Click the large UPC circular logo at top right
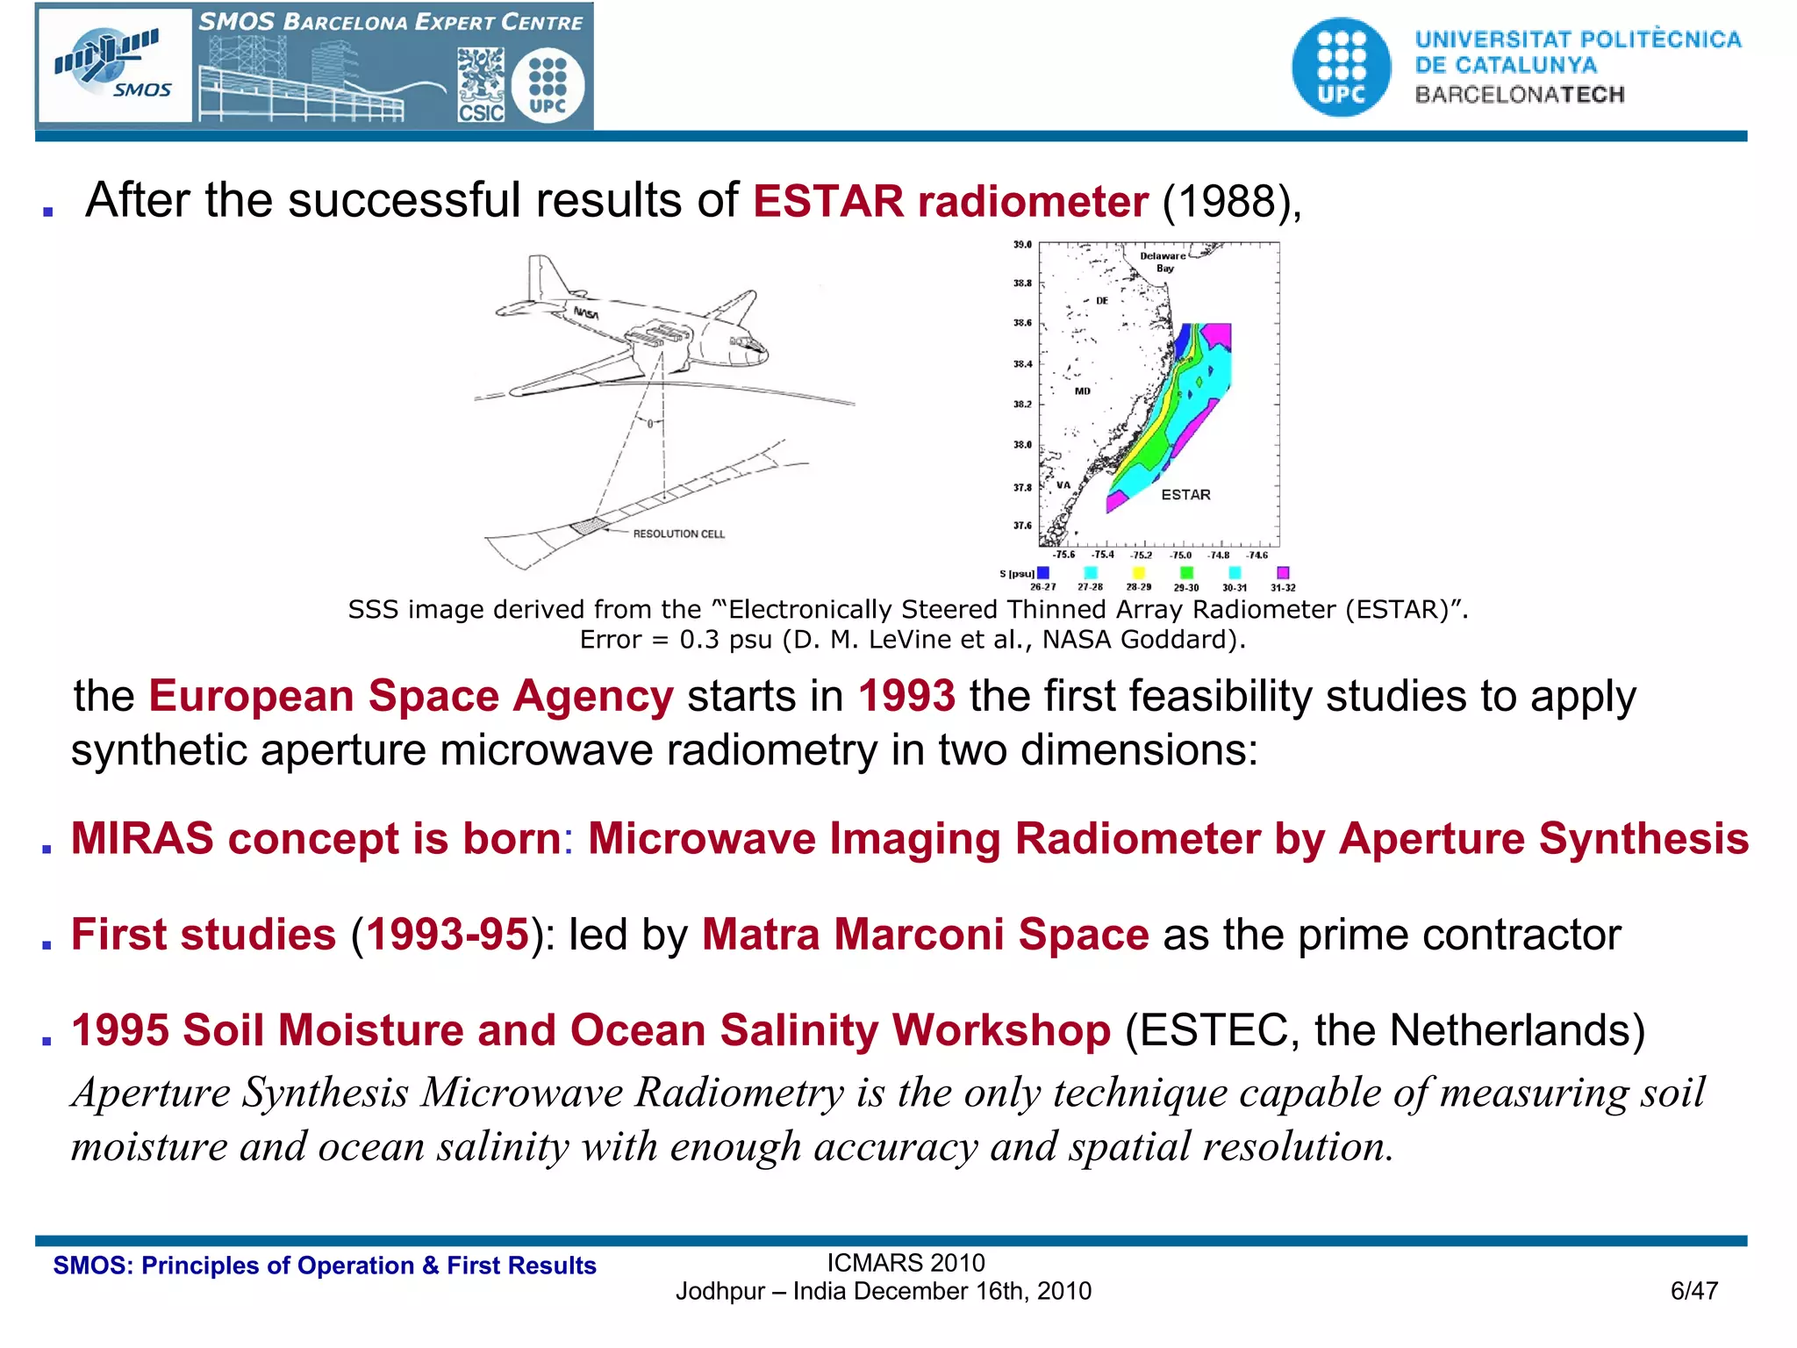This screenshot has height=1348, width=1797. point(1341,68)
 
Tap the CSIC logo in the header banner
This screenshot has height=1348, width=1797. point(481,86)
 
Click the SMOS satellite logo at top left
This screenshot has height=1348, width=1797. point(115,65)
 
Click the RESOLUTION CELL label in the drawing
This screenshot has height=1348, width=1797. point(678,534)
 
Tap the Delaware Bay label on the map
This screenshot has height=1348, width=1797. point(1163,262)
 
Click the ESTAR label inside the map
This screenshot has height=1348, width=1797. point(1185,495)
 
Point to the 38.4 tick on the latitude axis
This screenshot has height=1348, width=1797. point(1023,363)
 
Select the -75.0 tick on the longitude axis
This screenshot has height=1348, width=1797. point(1181,556)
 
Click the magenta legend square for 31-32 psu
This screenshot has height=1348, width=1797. point(1283,573)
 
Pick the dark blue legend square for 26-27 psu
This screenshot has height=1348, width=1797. point(1043,573)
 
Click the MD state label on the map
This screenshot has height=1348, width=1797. point(1083,391)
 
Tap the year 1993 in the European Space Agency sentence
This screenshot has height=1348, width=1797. point(906,696)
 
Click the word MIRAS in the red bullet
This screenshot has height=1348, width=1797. point(142,838)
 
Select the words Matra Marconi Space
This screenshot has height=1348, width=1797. point(925,935)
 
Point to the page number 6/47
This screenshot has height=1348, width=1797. point(1693,1291)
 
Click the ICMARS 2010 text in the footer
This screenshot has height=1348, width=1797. point(906,1263)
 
